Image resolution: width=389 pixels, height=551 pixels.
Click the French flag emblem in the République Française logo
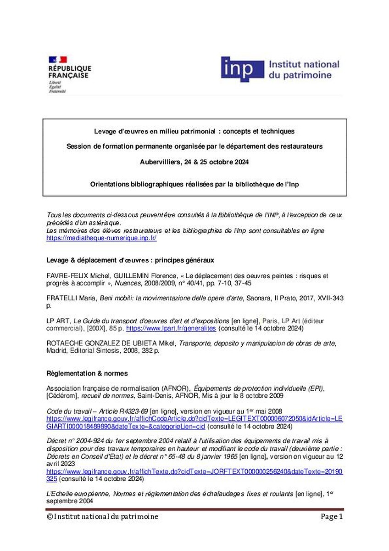pyautogui.click(x=58, y=60)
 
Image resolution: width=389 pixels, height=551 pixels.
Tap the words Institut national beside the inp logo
pyautogui.click(x=303, y=64)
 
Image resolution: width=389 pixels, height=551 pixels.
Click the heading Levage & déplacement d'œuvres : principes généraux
pyautogui.click(x=130, y=260)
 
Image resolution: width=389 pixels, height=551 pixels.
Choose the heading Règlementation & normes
pyautogui.click(x=87, y=373)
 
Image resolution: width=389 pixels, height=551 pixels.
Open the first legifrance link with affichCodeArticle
pyautogui.click(x=194, y=419)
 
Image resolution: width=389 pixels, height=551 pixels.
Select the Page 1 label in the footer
pyautogui.click(x=331, y=517)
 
